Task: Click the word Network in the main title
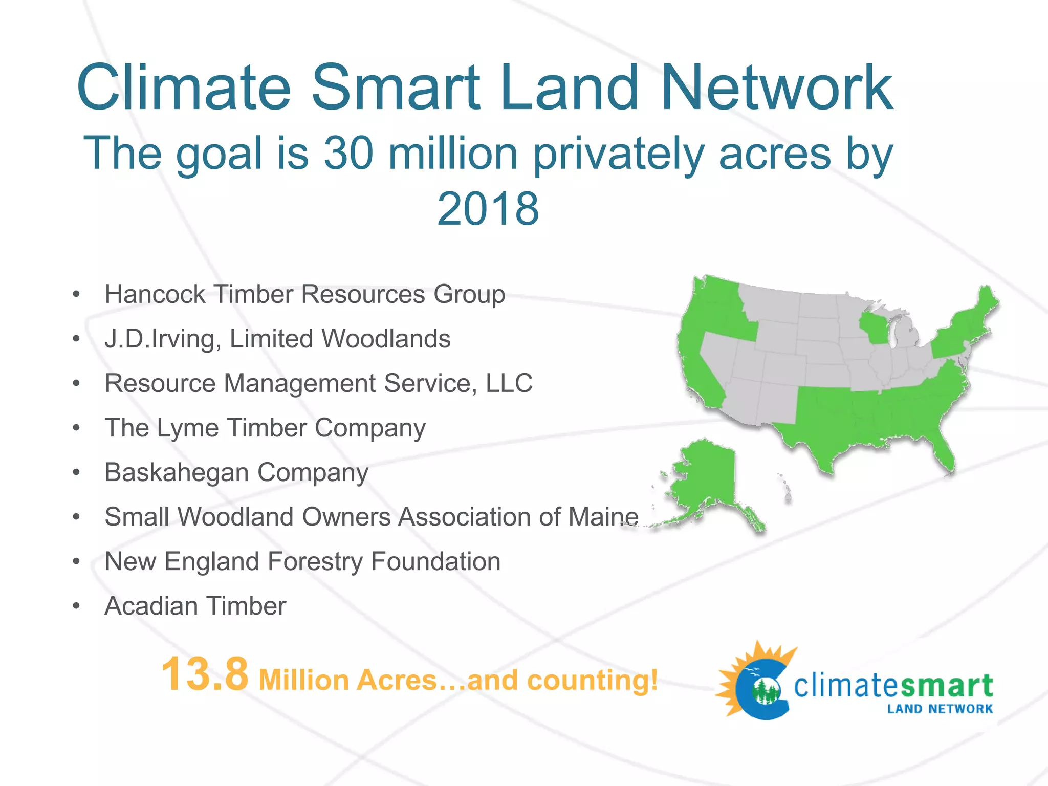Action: (x=777, y=88)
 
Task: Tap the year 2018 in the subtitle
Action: (x=488, y=209)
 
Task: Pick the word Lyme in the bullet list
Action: (x=180, y=428)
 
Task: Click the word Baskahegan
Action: (x=177, y=472)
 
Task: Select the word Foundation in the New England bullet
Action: (x=435, y=561)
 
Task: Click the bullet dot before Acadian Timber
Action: (x=76, y=606)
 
